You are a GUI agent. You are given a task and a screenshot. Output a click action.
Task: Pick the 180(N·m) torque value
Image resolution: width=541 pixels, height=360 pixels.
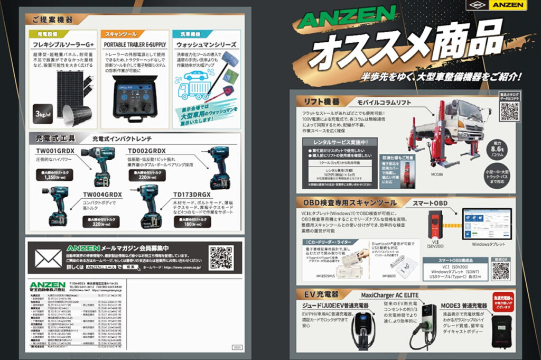[196, 220]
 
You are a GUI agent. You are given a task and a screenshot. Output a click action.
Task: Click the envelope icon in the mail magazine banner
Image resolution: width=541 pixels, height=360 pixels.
[48, 258]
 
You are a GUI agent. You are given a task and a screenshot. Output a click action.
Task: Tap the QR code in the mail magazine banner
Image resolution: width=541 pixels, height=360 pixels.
[221, 257]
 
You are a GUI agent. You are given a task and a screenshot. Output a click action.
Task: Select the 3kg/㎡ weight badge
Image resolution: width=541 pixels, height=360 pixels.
[43, 114]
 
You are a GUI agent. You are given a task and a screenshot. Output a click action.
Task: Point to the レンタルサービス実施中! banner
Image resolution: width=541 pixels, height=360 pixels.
[338, 142]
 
